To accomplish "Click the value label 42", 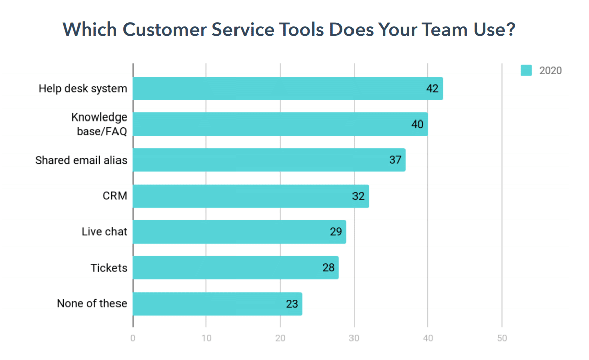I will [432, 89].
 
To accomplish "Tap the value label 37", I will [395, 160].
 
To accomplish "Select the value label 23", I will [292, 303].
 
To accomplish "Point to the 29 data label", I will [336, 231].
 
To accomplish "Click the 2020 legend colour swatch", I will [526, 70].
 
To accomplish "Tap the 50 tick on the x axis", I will [502, 338].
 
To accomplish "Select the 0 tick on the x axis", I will [133, 338].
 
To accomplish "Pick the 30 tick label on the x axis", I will [354, 338].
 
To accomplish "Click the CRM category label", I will [114, 196].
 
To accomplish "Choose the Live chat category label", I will [104, 231].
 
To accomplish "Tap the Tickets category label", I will [109, 267].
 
